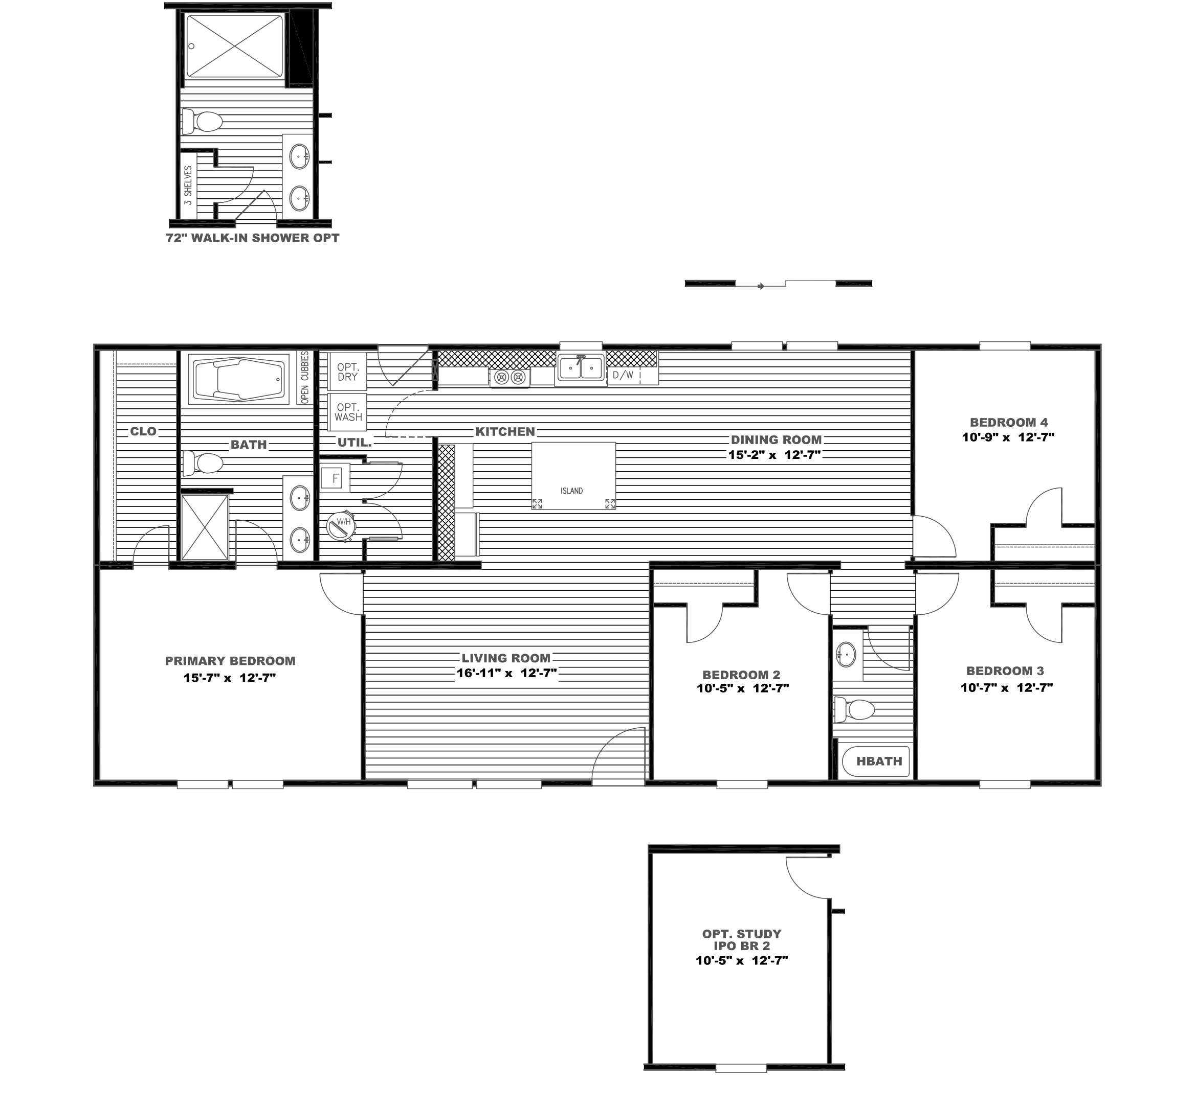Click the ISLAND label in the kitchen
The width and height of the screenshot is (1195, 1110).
point(571,491)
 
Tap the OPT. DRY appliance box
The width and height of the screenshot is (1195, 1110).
point(347,372)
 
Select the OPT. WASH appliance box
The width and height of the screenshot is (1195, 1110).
point(348,412)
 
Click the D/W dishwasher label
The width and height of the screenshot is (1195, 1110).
point(623,376)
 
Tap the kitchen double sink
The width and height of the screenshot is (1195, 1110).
point(580,367)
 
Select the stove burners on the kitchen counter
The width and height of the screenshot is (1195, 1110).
point(510,378)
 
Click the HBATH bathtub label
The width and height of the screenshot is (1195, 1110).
point(879,761)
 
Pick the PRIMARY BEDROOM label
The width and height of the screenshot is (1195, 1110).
point(230,661)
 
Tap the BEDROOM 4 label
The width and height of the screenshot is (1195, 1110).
point(1008,422)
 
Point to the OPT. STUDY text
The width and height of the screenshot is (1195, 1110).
point(742,934)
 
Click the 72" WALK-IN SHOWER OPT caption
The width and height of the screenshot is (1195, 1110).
point(253,238)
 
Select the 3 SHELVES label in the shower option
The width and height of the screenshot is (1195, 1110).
point(188,186)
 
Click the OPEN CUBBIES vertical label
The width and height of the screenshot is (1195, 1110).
point(305,377)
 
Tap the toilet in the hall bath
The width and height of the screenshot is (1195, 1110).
point(855,709)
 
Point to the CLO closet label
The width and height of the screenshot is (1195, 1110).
point(143,431)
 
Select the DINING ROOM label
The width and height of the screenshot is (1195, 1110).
point(776,440)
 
